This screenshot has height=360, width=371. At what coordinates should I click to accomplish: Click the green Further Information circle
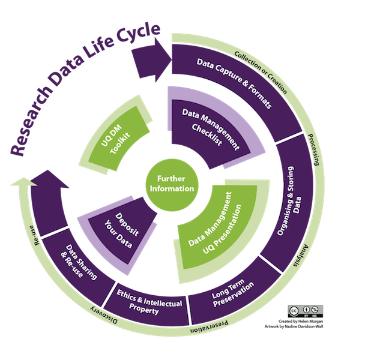pyautogui.click(x=173, y=183)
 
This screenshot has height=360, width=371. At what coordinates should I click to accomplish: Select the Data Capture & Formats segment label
pyautogui.click(x=235, y=83)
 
